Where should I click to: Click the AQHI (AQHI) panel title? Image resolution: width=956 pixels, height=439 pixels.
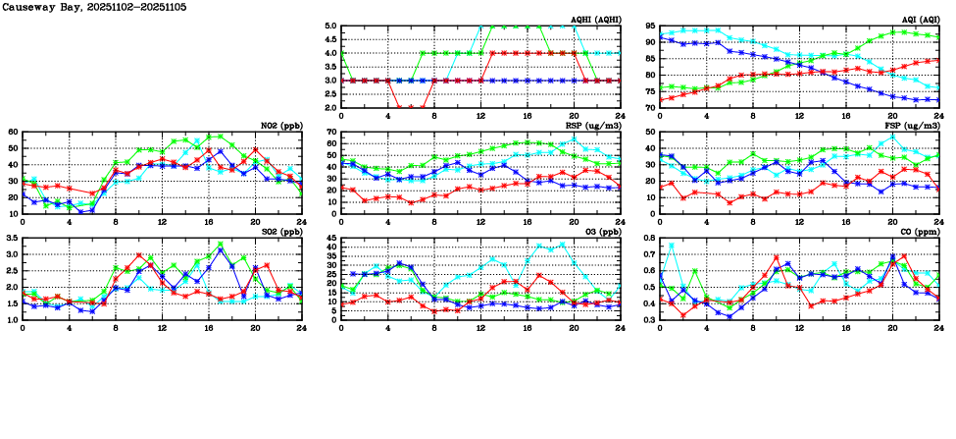[x=595, y=20]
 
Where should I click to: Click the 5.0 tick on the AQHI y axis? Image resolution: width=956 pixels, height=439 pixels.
[x=330, y=27]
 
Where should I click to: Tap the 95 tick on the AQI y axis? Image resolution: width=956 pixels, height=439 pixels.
[x=650, y=27]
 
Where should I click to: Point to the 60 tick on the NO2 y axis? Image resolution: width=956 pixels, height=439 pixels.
[x=13, y=132]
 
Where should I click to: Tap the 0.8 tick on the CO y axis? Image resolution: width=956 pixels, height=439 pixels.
[x=648, y=239]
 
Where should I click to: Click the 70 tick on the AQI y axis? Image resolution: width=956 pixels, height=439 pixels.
[x=650, y=107]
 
